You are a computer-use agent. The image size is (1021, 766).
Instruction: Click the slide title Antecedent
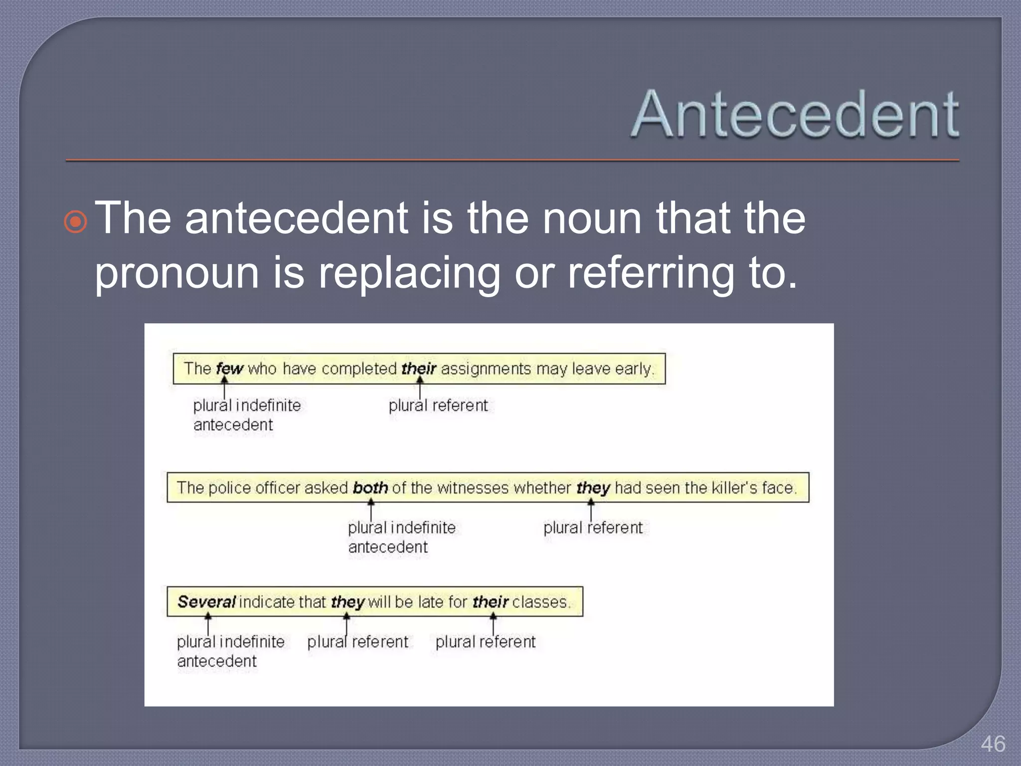795,114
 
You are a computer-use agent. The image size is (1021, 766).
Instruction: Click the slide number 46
993,744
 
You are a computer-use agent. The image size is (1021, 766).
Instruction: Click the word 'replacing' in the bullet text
409,273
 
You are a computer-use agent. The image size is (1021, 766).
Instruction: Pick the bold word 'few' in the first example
229,369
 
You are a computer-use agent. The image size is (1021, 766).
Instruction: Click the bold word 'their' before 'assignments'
419,369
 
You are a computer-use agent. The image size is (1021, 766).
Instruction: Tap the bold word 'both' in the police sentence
370,487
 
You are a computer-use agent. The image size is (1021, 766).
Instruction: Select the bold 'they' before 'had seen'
593,488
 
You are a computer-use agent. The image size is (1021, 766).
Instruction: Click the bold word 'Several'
206,601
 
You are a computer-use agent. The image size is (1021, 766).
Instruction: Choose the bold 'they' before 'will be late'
348,602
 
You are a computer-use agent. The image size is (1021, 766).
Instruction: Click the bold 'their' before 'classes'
491,602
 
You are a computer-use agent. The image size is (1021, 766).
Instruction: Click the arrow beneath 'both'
371,510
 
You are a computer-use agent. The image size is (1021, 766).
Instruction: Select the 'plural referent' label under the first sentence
438,405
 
